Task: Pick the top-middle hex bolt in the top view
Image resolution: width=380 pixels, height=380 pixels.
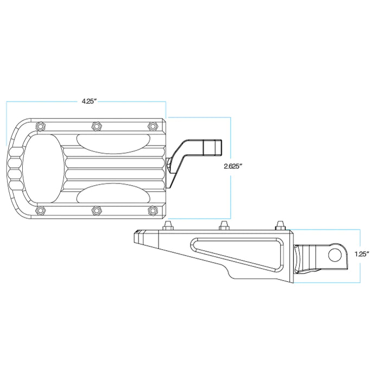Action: click(96, 125)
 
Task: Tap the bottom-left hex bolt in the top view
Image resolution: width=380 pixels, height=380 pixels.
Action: click(40, 210)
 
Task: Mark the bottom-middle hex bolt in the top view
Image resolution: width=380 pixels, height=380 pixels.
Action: click(96, 210)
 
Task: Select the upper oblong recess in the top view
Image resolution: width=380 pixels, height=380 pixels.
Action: click(111, 142)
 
